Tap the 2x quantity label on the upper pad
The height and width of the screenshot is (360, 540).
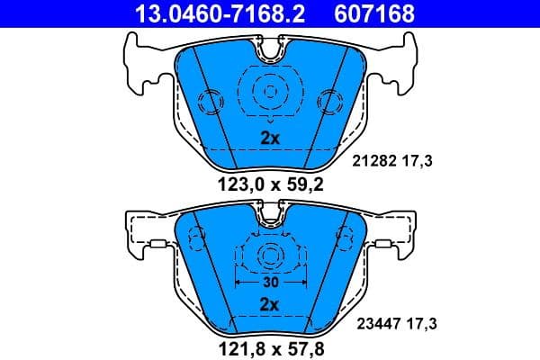point(270,139)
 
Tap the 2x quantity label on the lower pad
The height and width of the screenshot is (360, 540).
point(270,305)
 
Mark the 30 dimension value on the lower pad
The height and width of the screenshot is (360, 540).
point(270,282)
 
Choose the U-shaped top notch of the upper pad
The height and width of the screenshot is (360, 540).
point(270,51)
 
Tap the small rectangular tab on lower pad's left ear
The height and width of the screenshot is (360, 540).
point(155,243)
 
